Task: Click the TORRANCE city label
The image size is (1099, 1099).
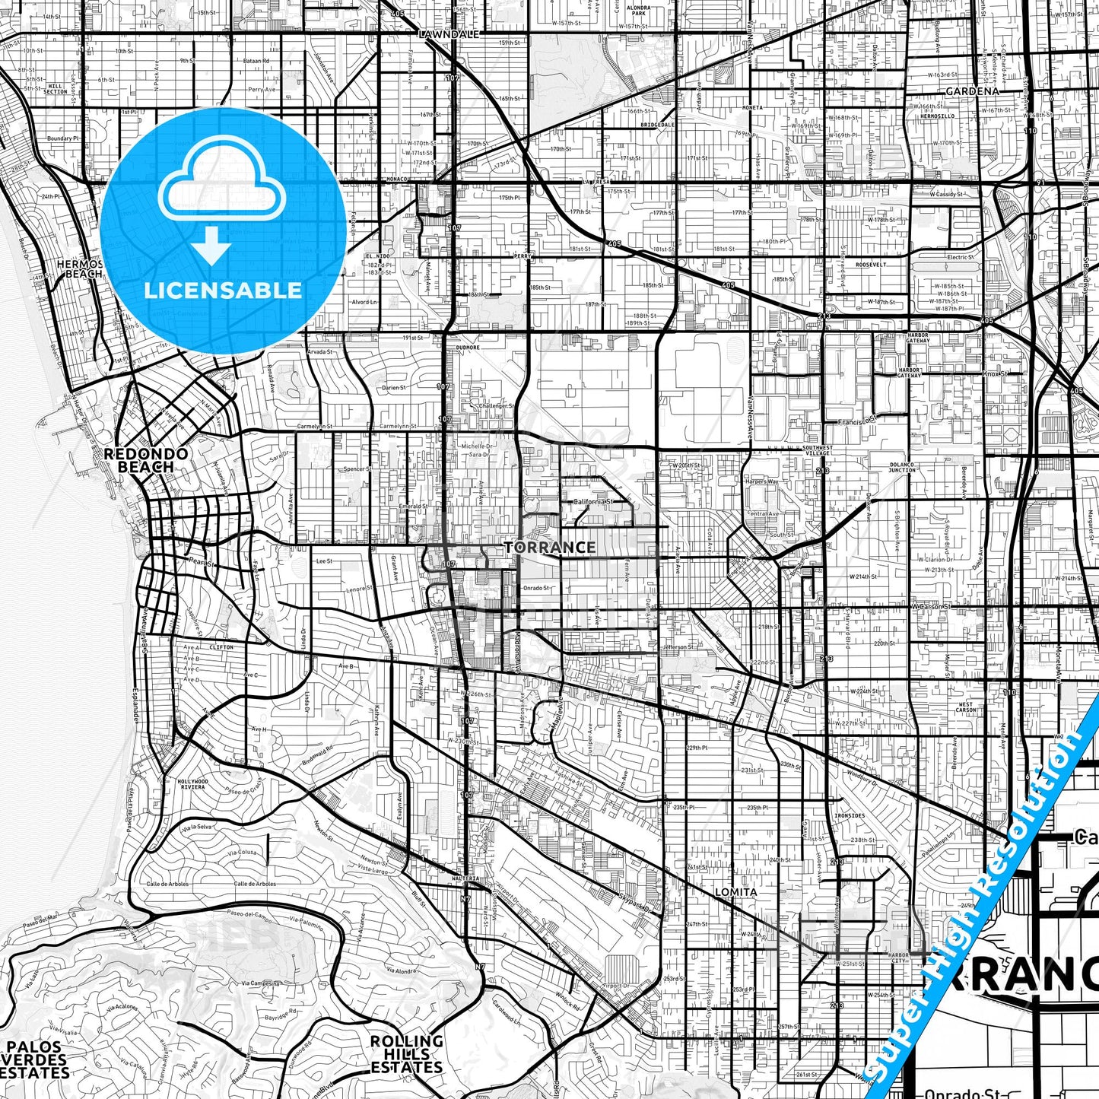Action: coord(550,547)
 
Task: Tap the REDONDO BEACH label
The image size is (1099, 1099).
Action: coord(145,460)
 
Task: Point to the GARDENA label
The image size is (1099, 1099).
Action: coord(972,91)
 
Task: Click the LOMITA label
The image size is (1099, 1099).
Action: coord(735,891)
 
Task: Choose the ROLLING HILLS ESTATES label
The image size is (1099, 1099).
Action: coord(406,1053)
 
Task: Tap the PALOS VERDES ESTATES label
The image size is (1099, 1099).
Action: coord(35,1060)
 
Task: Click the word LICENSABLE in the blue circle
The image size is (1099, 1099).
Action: coord(223,290)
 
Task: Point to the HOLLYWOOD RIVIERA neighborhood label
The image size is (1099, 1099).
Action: coord(192,784)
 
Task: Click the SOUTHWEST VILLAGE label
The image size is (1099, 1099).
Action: coord(818,450)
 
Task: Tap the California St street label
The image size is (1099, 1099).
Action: coord(592,502)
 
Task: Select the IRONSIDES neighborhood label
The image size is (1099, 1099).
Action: coord(849,815)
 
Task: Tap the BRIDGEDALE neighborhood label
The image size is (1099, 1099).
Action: coord(657,124)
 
